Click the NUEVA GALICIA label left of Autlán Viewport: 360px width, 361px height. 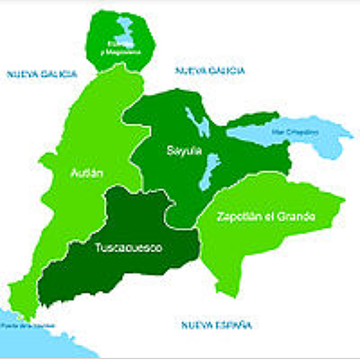[x=41, y=74]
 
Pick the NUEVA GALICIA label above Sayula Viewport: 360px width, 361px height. [x=210, y=71]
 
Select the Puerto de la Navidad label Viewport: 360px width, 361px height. [x=26, y=325]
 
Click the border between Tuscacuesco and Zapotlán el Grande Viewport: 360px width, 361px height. [x=200, y=241]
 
